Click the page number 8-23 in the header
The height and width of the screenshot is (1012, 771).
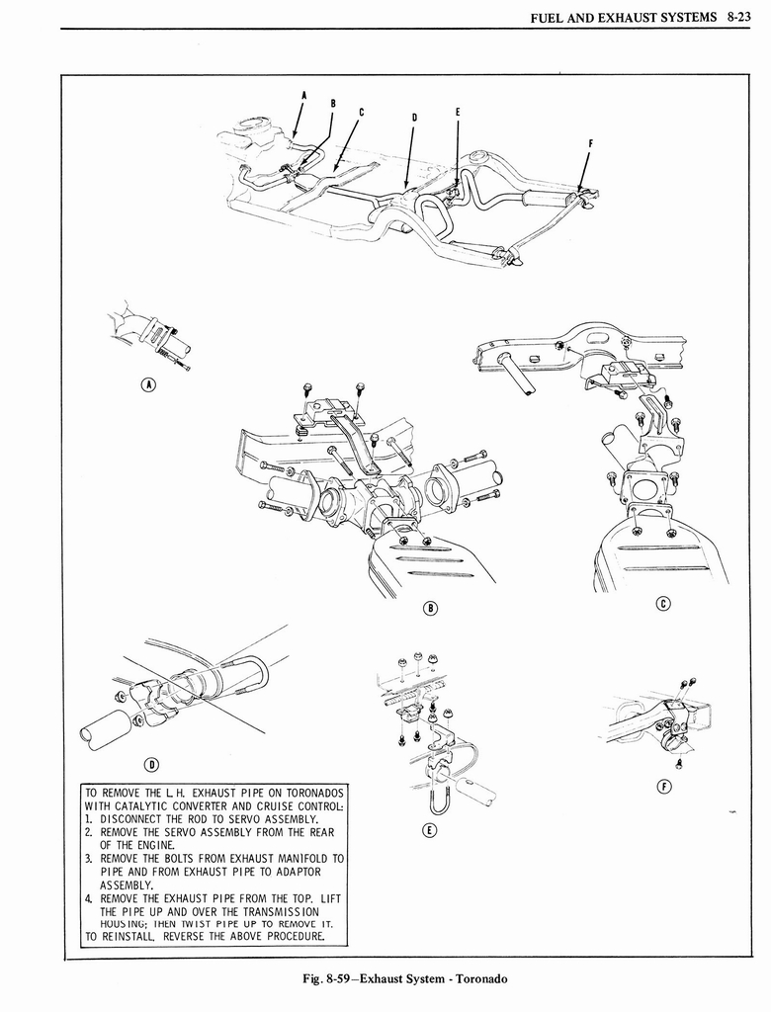740,17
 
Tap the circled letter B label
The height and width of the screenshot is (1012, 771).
430,607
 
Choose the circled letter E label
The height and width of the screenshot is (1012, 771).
428,830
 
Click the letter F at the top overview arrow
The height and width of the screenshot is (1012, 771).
590,142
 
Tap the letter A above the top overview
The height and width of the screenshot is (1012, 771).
304,95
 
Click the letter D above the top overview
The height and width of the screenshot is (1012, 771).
414,117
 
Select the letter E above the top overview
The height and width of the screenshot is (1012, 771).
457,112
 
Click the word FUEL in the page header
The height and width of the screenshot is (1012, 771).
549,17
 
